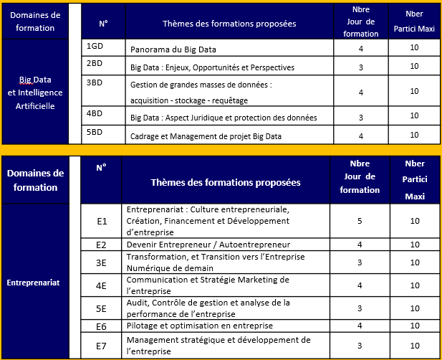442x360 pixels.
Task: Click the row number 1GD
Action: pyautogui.click(x=95, y=46)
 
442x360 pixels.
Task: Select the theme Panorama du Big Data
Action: pyautogui.click(x=173, y=50)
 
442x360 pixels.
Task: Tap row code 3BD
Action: pyautogui.click(x=95, y=82)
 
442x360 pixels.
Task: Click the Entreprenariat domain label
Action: pyautogui.click(x=33, y=283)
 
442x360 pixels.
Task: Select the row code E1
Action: pyautogui.click(x=102, y=221)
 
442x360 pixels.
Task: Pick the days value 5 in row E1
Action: pyautogui.click(x=360, y=221)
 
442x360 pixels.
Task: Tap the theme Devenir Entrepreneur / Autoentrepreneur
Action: pyautogui.click(x=208, y=245)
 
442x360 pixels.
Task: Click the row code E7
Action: pyautogui.click(x=102, y=346)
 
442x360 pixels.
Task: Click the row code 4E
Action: pyautogui.click(x=102, y=285)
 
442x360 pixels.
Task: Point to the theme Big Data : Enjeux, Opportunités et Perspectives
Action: pyautogui.click(x=212, y=68)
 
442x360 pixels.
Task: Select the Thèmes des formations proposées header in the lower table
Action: pyautogui.click(x=226, y=182)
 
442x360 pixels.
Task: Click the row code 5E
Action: pyautogui.click(x=102, y=308)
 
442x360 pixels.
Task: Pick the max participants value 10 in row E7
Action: pyautogui.click(x=415, y=346)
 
